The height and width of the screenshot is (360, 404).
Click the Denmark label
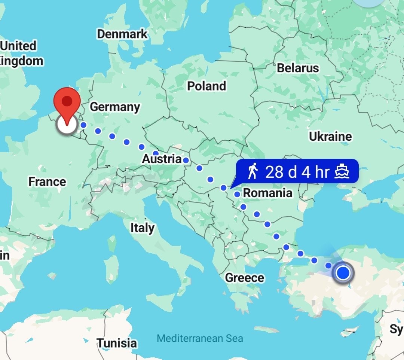(x=122, y=34)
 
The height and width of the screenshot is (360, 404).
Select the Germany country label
(x=115, y=107)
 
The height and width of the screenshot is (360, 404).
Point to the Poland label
(x=206, y=86)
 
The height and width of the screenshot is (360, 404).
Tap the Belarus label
(x=298, y=68)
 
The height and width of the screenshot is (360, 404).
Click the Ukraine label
(x=330, y=137)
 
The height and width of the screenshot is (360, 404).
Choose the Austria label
(x=162, y=159)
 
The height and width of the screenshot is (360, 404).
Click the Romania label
(x=267, y=193)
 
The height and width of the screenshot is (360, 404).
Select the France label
(x=47, y=182)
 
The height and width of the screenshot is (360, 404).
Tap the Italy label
(x=142, y=228)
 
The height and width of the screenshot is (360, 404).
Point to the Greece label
(x=244, y=278)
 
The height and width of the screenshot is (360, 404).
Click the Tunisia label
(x=117, y=343)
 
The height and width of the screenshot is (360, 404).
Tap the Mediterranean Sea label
(x=200, y=339)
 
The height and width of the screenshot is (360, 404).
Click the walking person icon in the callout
(x=253, y=172)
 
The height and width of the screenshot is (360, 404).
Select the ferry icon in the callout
(x=342, y=172)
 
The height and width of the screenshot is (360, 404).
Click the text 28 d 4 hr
(x=297, y=172)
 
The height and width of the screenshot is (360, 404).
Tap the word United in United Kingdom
(x=19, y=46)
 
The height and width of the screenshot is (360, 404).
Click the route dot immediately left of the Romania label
(x=237, y=194)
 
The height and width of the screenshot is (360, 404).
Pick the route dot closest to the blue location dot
(x=328, y=265)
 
